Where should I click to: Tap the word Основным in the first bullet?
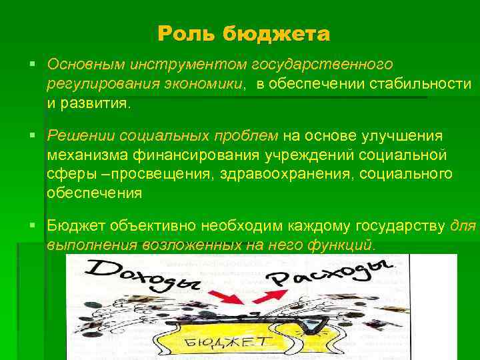[85, 64]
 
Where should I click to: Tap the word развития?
[100, 104]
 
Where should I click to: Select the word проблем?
[245, 136]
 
